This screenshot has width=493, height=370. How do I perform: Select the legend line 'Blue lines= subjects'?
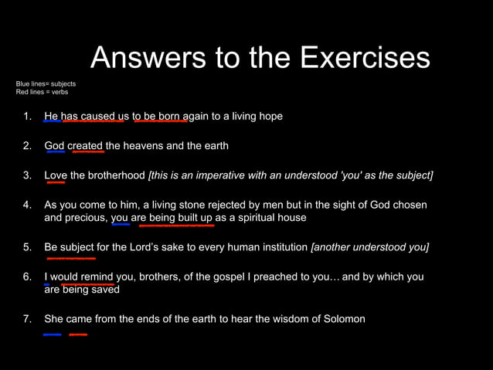pyautogui.click(x=46, y=83)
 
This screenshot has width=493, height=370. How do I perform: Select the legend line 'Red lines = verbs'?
pyautogui.click(x=42, y=92)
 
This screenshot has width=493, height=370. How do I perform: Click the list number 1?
pyautogui.click(x=27, y=117)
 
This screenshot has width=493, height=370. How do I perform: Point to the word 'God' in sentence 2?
pyautogui.click(x=54, y=145)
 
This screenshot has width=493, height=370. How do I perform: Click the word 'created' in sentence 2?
pyautogui.click(x=85, y=145)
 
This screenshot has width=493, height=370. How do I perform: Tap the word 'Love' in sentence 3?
pyautogui.click(x=56, y=175)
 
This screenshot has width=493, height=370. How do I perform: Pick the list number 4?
pyautogui.click(x=27, y=205)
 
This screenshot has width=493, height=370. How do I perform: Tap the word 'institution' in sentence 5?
pyautogui.click(x=281, y=247)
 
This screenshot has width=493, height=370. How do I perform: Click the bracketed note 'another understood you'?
pyautogui.click(x=369, y=247)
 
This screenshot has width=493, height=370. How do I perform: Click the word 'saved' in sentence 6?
pyautogui.click(x=105, y=290)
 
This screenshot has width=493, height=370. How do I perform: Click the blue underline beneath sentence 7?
pyautogui.click(x=53, y=334)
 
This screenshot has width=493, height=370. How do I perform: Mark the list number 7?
pyautogui.click(x=27, y=318)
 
